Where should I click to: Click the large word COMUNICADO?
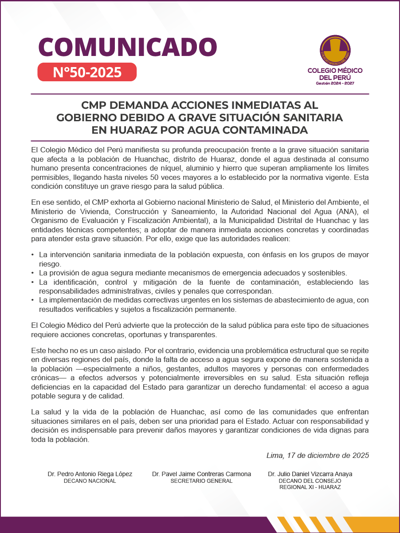tap(128, 47)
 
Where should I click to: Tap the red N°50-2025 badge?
tap(87, 72)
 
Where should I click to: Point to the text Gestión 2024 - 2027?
tap(335, 84)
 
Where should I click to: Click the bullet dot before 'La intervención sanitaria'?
tap(32, 255)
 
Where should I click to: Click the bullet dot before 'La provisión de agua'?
tap(32, 273)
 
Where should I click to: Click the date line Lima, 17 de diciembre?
tap(318, 455)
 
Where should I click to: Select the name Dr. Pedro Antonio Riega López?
tap(90, 474)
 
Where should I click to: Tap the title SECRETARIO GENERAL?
tap(201, 481)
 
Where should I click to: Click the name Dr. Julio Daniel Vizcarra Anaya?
tap(310, 474)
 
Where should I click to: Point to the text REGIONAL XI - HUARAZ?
tap(310, 487)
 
